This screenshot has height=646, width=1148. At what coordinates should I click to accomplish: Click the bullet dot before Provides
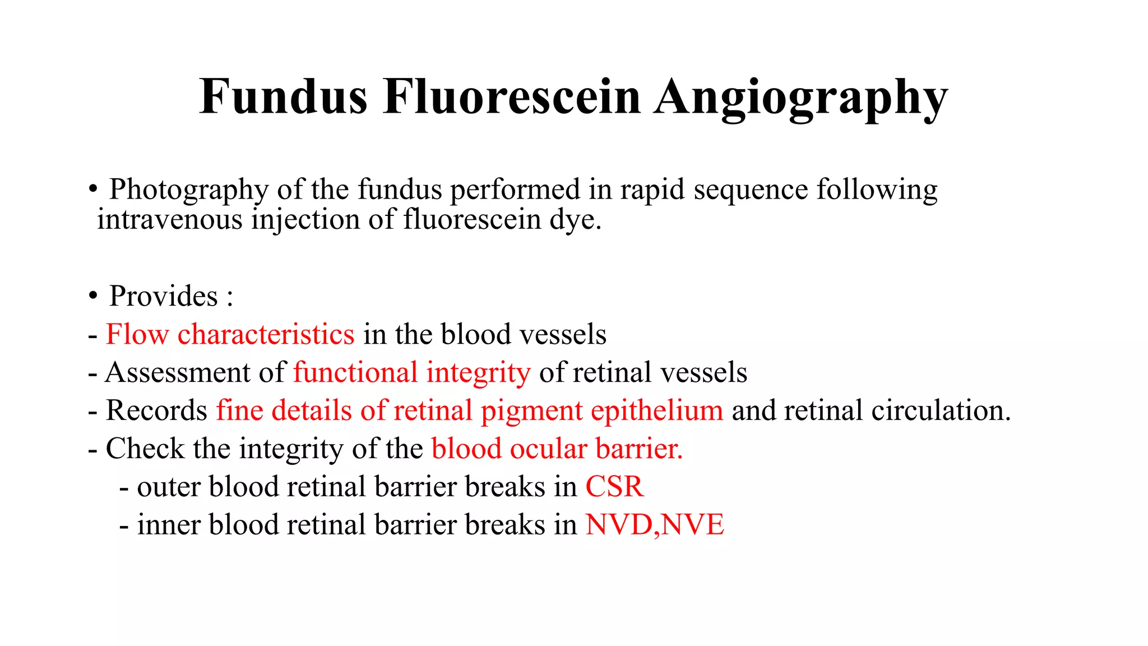click(x=92, y=296)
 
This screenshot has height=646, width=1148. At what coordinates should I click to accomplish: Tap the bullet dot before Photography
click(x=92, y=189)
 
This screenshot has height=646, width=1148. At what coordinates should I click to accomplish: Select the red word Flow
click(x=137, y=334)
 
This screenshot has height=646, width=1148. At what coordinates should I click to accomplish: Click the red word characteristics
click(x=266, y=334)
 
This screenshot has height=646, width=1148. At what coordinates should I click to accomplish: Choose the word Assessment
click(x=178, y=372)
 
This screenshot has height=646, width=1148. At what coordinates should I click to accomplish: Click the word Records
click(x=156, y=410)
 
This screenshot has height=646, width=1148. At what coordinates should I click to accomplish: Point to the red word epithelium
click(x=657, y=410)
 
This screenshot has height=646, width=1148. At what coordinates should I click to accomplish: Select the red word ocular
click(x=548, y=449)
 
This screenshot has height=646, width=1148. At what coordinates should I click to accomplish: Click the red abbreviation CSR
click(x=614, y=487)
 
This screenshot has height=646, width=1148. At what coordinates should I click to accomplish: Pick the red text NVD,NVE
click(x=655, y=525)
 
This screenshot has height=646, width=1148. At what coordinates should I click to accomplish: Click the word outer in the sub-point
click(x=169, y=487)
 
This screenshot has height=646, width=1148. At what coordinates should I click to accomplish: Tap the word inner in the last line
click(x=169, y=525)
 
